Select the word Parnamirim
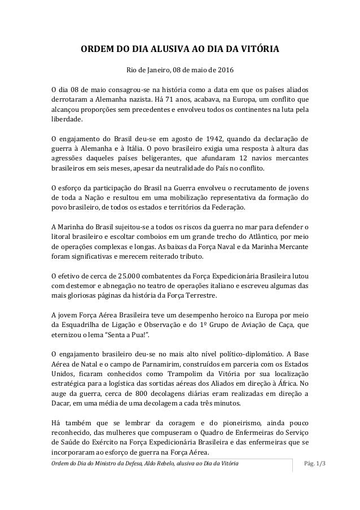149,364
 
